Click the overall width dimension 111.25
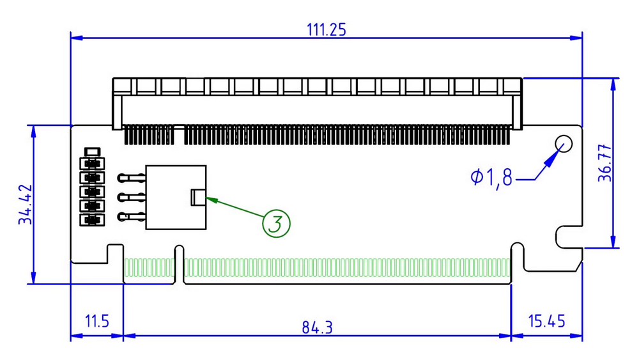pos(327,29)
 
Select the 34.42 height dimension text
pos(26,205)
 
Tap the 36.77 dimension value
pos(604,163)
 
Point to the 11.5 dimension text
pos(96,321)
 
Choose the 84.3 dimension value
pos(318,327)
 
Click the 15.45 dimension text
pos(546,321)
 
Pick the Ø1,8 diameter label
pos(491,177)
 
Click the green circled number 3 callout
pos(276,223)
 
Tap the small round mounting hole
pos(564,144)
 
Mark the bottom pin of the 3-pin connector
pos(131,217)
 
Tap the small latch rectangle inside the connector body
pos(198,198)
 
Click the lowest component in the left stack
pos(92,221)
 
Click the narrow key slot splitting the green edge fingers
pos(179,265)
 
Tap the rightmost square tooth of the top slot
pos(513,85)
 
